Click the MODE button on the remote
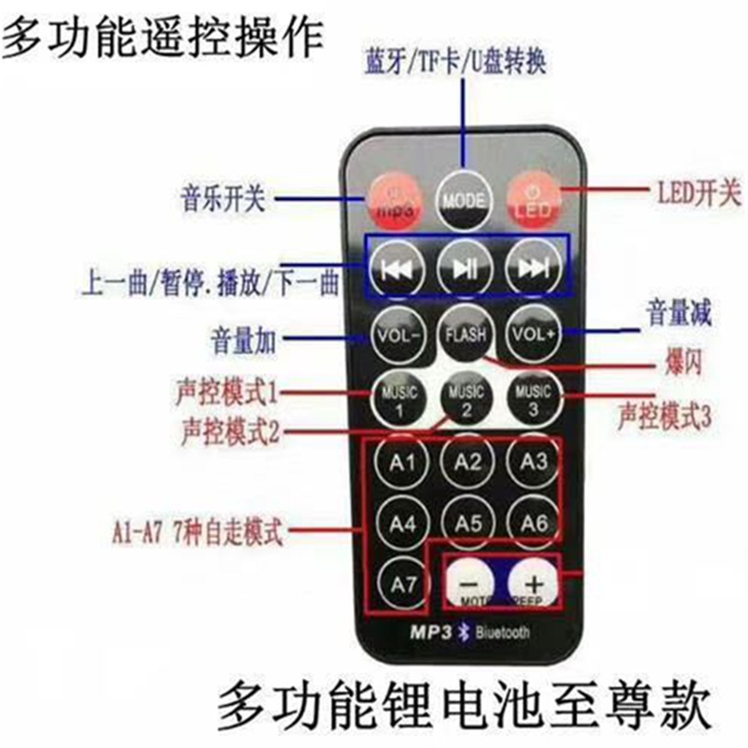tap(464, 197)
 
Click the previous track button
tap(396, 267)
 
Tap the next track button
tap(533, 267)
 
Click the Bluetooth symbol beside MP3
tap(460, 633)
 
